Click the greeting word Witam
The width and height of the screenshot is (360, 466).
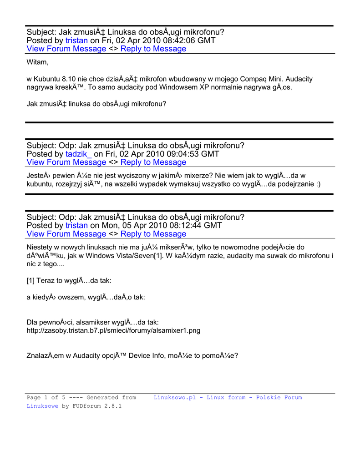click(37, 62)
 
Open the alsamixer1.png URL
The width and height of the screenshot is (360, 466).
click(113, 330)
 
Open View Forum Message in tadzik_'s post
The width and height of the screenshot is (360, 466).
click(66, 162)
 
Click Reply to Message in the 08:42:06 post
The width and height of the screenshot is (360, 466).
click(153, 49)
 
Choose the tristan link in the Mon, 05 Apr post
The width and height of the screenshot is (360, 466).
click(76, 225)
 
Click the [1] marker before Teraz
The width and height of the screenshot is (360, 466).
click(31, 281)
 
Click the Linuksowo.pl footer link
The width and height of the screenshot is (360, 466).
click(175, 397)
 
